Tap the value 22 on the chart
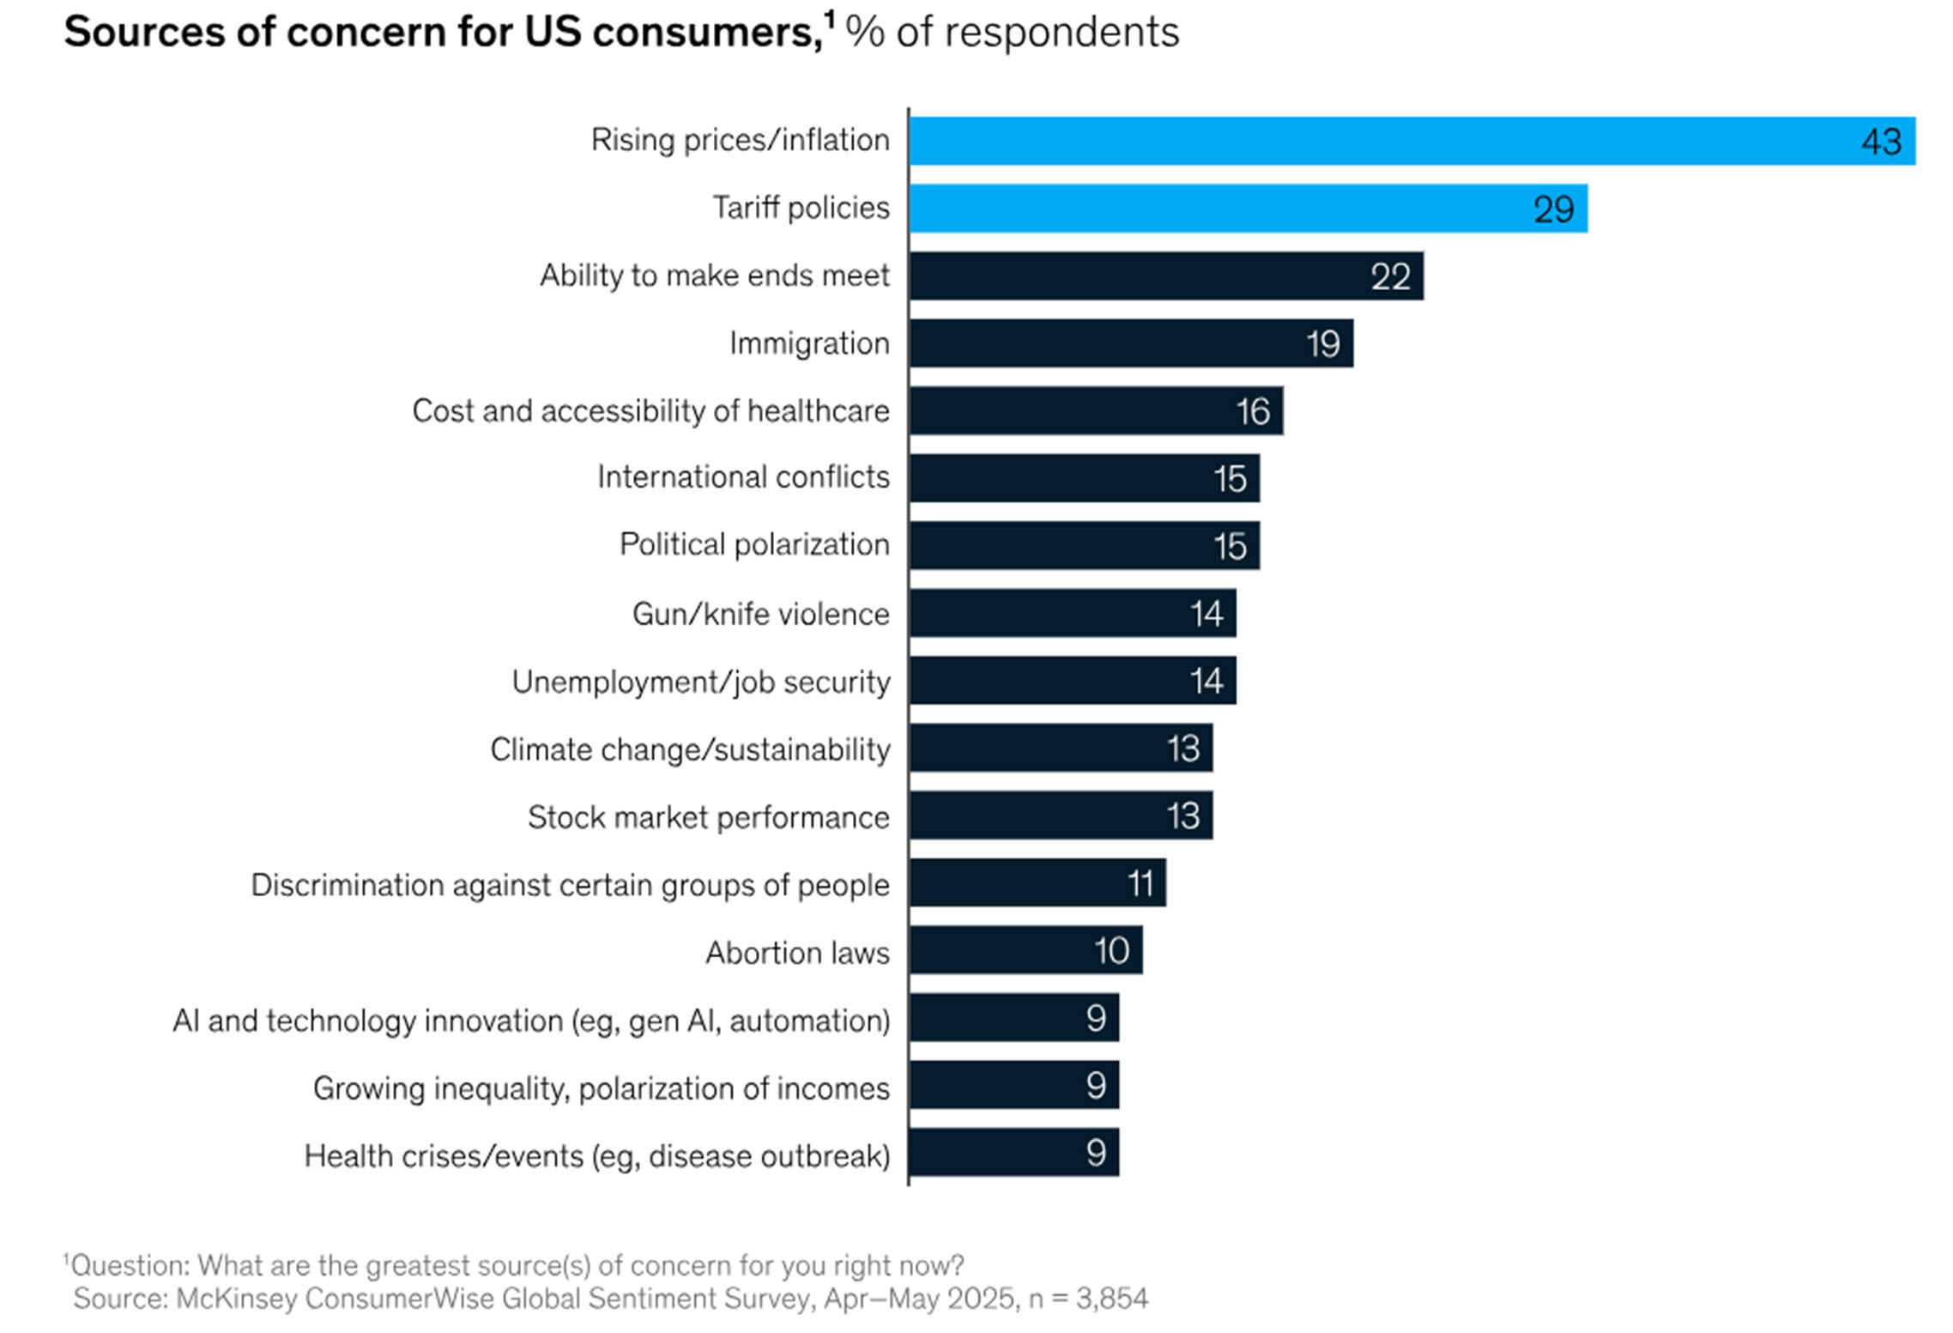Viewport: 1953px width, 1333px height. tap(1390, 276)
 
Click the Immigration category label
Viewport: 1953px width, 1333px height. tap(809, 343)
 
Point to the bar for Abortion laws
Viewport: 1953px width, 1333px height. tap(1025, 950)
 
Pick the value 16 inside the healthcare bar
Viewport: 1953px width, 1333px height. tap(1253, 411)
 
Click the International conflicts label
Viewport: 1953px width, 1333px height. tap(743, 477)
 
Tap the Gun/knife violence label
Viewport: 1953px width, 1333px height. tap(760, 615)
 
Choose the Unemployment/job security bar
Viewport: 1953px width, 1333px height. tap(1073, 681)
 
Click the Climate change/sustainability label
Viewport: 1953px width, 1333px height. tap(690, 749)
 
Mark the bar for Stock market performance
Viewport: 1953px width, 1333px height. tap(1060, 815)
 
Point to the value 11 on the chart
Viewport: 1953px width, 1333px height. tap(1140, 883)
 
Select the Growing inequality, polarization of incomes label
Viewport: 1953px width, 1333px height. tap(601, 1088)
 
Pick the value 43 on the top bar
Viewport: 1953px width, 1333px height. tap(1881, 142)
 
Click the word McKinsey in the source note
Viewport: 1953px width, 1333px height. tap(236, 1299)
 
